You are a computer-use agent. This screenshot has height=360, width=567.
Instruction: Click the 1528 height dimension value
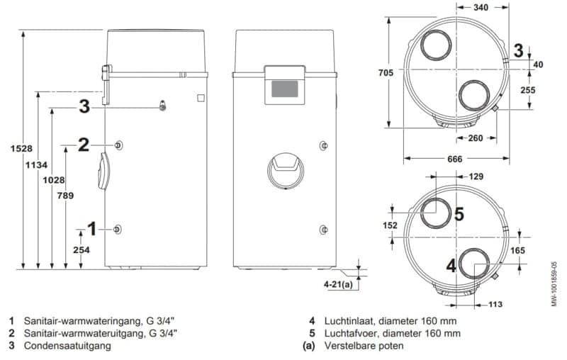(x=21, y=149)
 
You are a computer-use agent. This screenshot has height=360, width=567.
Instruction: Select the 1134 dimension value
(x=36, y=165)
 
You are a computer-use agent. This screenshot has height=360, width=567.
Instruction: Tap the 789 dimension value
(x=65, y=196)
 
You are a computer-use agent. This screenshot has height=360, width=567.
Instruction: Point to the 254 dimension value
(x=82, y=249)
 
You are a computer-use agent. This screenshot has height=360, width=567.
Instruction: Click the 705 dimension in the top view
(x=386, y=73)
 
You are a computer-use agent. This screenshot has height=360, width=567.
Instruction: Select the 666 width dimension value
(x=455, y=159)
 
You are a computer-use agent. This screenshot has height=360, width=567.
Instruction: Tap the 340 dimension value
(x=481, y=7)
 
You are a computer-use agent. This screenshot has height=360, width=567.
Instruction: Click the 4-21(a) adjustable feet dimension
(x=338, y=284)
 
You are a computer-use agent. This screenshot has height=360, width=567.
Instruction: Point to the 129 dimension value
(x=476, y=176)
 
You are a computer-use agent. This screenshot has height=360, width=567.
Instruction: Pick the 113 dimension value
(x=495, y=304)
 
